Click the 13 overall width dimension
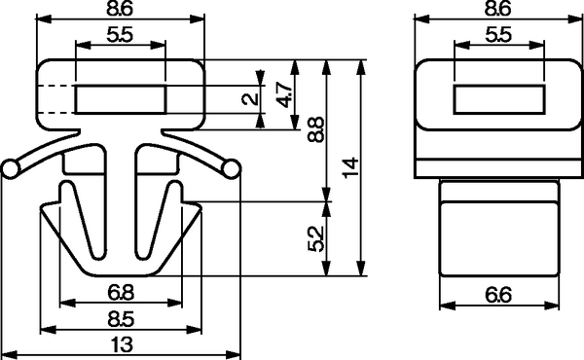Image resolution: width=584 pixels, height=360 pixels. click(x=122, y=344)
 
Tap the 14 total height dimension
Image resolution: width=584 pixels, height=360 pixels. click(x=350, y=168)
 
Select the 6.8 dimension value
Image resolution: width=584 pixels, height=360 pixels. click(x=121, y=292)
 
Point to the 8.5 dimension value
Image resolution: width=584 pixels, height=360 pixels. click(x=121, y=319)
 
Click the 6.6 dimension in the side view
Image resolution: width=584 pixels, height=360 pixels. click(x=498, y=295)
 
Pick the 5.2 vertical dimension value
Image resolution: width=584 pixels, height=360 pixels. click(x=315, y=239)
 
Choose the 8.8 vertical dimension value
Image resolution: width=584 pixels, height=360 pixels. click(x=315, y=129)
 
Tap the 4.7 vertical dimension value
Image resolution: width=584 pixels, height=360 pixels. click(x=284, y=95)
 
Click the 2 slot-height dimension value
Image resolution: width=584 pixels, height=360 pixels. click(x=250, y=98)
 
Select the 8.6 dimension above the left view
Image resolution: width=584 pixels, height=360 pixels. click(x=120, y=9)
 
